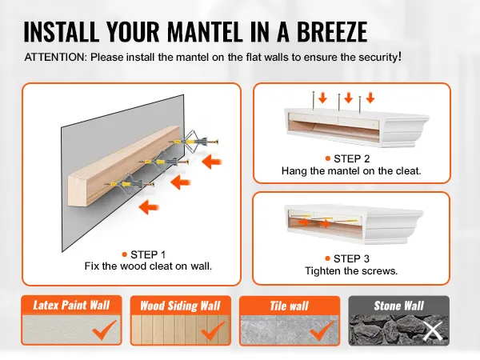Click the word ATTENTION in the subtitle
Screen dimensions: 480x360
point(56,58)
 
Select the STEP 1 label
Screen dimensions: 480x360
point(148,254)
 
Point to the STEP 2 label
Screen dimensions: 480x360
point(352,158)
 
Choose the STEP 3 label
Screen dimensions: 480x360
point(351,258)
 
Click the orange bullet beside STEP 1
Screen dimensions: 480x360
point(124,254)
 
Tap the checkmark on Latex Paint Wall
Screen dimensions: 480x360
point(104,330)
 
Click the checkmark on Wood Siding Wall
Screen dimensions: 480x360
point(213,330)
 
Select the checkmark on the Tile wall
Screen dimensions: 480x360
point(322,330)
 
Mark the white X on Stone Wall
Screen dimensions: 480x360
point(433,331)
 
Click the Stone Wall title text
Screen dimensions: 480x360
point(399,306)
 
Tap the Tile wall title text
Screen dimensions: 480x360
point(289,306)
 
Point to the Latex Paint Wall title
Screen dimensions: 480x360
point(71,306)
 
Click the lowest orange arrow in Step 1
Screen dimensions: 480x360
point(149,207)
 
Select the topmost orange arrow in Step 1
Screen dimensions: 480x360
point(212,162)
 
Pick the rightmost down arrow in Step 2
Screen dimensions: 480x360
point(370,98)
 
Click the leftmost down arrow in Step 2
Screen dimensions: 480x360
point(322,98)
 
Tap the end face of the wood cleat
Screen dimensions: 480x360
point(78,190)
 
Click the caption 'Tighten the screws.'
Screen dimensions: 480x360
point(351,271)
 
